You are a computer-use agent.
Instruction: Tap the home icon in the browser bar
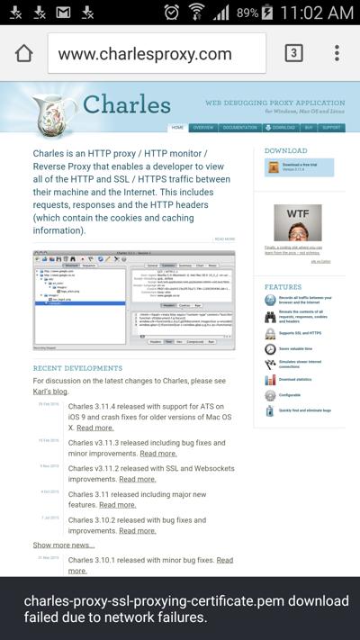24,53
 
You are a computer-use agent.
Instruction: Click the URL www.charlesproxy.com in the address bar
144,54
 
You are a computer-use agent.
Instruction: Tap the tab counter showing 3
293,53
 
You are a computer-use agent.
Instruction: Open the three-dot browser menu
337,53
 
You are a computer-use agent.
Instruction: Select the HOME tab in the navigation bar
177,128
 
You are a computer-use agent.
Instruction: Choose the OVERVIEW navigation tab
203,128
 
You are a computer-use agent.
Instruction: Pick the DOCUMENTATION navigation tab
239,128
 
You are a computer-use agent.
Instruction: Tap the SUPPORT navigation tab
331,128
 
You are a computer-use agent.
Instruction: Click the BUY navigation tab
309,128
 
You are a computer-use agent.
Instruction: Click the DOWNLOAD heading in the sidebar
285,151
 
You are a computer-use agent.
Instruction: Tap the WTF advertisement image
297,222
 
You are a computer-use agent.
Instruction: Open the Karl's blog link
51,392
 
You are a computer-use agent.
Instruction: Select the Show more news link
63,545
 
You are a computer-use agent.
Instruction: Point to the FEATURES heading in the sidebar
283,287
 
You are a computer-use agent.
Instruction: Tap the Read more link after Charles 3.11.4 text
95,428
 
